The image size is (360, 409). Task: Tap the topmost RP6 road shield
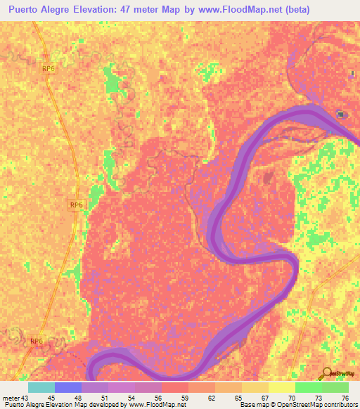click(x=48, y=68)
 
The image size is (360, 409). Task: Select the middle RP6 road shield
click(x=77, y=204)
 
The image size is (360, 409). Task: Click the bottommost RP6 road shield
click(x=37, y=341)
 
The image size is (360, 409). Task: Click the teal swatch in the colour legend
click(x=41, y=387)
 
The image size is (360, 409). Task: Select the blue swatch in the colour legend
click(x=68, y=387)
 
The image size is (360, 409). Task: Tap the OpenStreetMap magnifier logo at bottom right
click(x=328, y=374)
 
